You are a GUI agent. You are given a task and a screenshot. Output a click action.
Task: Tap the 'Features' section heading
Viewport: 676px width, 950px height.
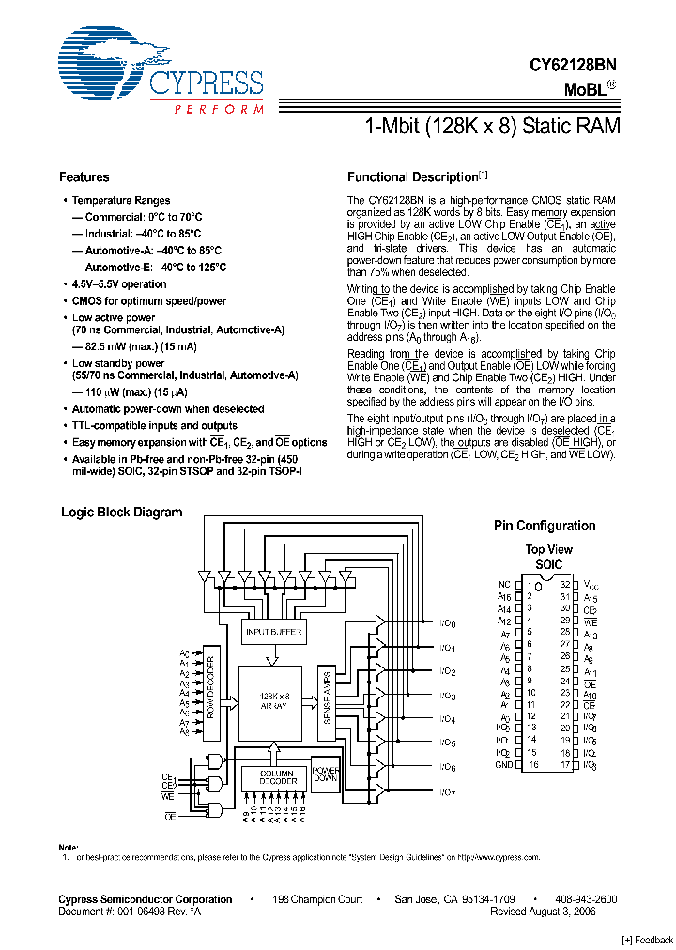tap(84, 177)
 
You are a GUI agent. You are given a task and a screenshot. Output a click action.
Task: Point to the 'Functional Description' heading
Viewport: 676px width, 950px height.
tap(413, 177)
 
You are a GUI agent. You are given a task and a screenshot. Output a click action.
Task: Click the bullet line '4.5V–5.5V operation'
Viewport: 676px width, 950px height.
tap(119, 284)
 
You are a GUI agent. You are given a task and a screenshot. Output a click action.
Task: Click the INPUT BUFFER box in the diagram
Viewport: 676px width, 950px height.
tap(273, 632)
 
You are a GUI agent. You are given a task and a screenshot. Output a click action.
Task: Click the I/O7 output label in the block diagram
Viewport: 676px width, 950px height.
tap(447, 794)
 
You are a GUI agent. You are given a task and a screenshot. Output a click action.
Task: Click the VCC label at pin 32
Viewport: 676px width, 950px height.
tap(591, 585)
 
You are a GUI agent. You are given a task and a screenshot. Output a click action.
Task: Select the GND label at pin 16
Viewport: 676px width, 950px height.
tap(503, 765)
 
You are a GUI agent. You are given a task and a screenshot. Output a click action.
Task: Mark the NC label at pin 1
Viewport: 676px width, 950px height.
tap(505, 584)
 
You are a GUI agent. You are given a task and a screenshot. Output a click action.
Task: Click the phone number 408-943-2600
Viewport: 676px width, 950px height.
tap(585, 899)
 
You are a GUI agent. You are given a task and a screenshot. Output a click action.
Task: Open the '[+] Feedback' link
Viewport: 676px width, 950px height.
tap(647, 940)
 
